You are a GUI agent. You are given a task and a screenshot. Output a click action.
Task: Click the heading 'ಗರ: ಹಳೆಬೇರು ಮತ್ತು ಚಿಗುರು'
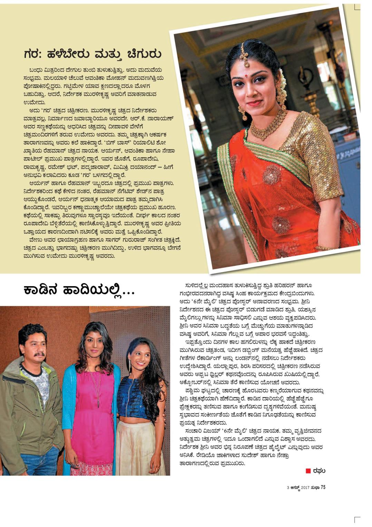92,54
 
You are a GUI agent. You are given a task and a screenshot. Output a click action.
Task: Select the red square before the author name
308,471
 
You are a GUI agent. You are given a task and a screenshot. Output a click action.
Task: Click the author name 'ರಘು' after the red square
320,471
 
